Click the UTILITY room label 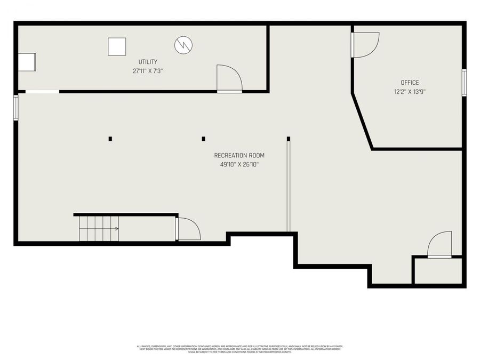point(148,62)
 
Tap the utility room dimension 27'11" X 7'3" point(148,70)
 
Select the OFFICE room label point(410,83)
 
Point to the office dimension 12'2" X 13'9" point(410,91)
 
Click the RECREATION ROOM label point(239,155)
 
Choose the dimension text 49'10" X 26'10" point(239,164)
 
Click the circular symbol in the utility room point(184,44)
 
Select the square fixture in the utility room point(117,46)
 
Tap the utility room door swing point(229,79)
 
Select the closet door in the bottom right point(439,245)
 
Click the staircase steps point(96,228)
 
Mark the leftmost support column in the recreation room point(110,139)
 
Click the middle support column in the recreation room point(203,139)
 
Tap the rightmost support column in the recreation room point(289,139)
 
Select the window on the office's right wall point(464,83)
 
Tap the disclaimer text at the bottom point(239,349)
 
